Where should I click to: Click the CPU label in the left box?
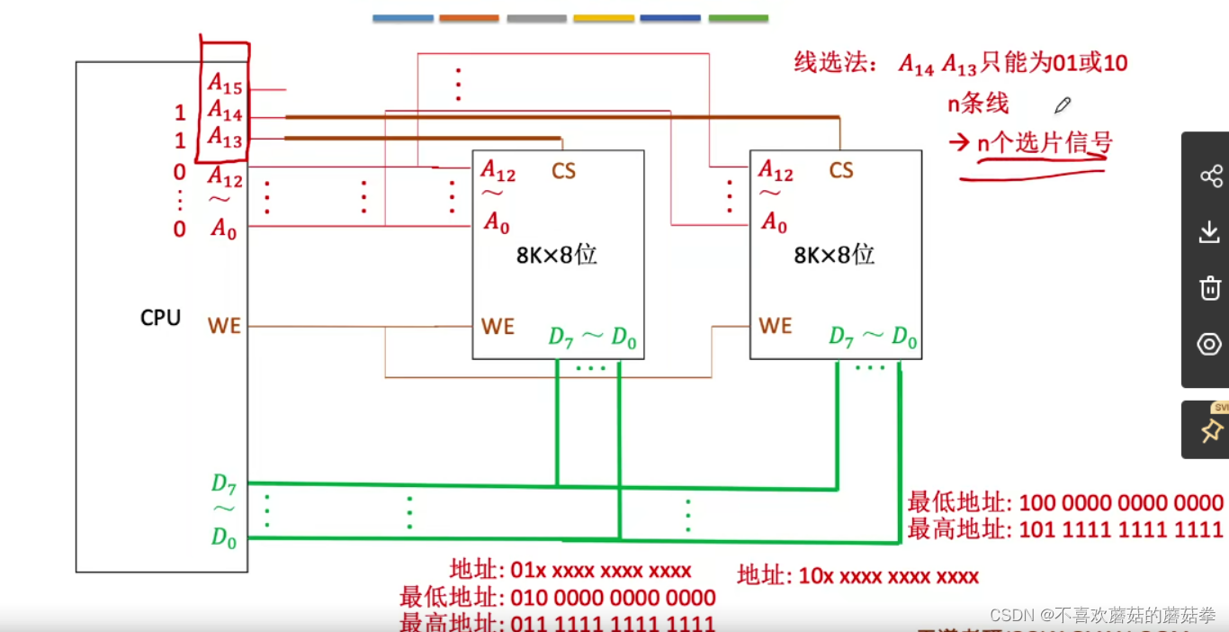[x=160, y=318]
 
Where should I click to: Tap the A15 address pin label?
[x=225, y=83]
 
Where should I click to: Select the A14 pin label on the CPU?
[x=225, y=111]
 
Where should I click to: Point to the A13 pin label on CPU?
[x=225, y=137]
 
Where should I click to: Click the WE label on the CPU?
[x=224, y=326]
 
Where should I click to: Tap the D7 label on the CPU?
[x=223, y=484]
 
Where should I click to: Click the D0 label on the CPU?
[x=223, y=537]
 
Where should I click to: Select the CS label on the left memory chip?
[x=563, y=170]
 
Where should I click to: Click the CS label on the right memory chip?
[x=840, y=170]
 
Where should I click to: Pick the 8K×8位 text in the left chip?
[x=556, y=255]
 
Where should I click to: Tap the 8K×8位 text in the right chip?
[x=833, y=255]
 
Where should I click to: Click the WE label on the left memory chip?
[x=498, y=326]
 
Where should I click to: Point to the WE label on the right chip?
[x=775, y=326]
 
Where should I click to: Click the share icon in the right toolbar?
[x=1211, y=176]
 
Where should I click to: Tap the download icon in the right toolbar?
[x=1210, y=232]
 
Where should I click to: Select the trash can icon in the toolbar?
[x=1210, y=288]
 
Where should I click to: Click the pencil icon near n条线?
[x=1063, y=105]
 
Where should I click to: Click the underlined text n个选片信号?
[x=1045, y=143]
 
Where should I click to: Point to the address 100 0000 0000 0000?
[x=1121, y=502]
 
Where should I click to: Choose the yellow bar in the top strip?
[x=603, y=18]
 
